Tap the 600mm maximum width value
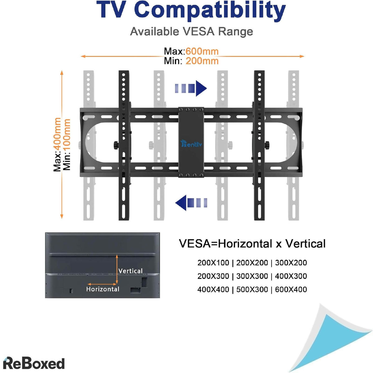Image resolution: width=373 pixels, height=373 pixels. pyautogui.click(x=202, y=51)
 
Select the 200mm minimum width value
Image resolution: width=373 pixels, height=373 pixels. pyautogui.click(x=202, y=61)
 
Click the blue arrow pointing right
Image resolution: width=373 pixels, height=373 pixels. pyautogui.click(x=191, y=89)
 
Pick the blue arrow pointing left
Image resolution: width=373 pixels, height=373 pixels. pyautogui.click(x=191, y=203)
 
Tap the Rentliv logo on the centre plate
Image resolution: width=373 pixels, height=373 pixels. pyautogui.click(x=191, y=144)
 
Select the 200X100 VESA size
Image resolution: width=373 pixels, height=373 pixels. pyautogui.click(x=213, y=263)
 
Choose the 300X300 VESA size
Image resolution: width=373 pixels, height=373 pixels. pyautogui.click(x=252, y=276)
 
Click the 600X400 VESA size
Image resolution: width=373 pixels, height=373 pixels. pyautogui.click(x=291, y=289)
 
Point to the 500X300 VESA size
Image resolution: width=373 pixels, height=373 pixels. pyautogui.click(x=252, y=289)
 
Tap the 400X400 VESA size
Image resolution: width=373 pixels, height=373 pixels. pyautogui.click(x=213, y=289)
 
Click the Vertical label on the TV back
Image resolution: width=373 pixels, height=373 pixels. pyautogui.click(x=131, y=271)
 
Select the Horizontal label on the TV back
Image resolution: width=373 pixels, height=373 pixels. pyautogui.click(x=103, y=289)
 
